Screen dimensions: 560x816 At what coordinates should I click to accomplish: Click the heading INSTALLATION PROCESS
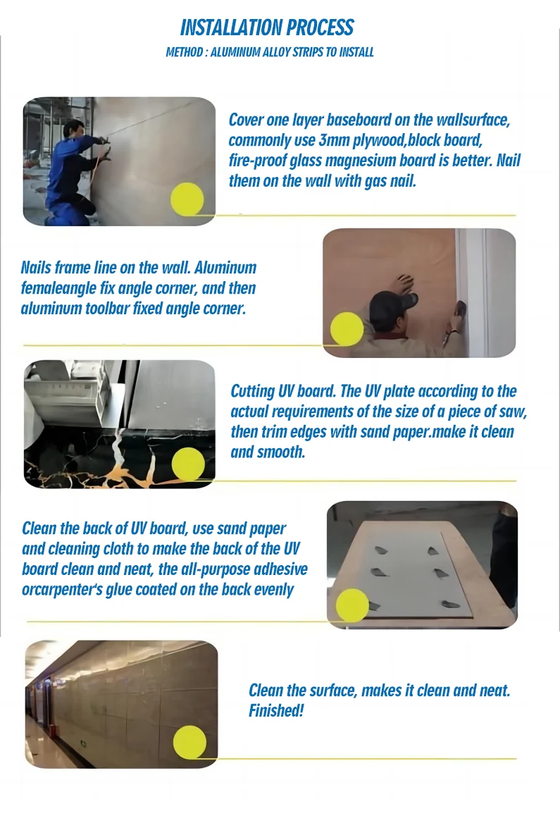[267, 27]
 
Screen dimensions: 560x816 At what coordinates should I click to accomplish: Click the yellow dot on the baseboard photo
[187, 199]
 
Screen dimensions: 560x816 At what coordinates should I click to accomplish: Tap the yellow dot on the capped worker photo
[347, 329]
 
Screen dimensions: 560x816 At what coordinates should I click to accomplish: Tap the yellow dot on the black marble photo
[188, 464]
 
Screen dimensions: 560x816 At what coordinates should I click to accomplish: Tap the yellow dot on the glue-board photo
[352, 605]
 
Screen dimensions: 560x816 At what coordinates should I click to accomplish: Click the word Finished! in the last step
[276, 710]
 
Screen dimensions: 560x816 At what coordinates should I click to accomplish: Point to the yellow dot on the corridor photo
[190, 742]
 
